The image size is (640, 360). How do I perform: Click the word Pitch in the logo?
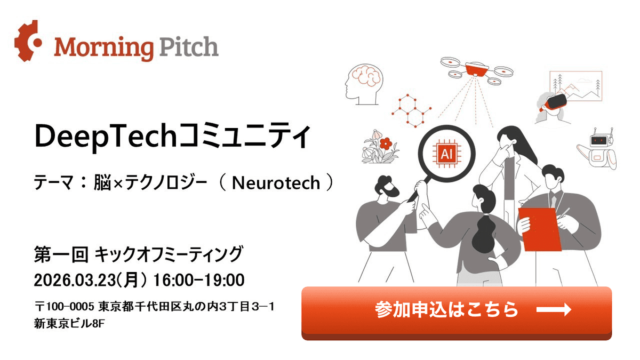tap(187, 47)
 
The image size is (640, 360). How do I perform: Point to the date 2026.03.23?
tap(74, 279)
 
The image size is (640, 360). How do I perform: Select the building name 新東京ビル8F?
tap(69, 323)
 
